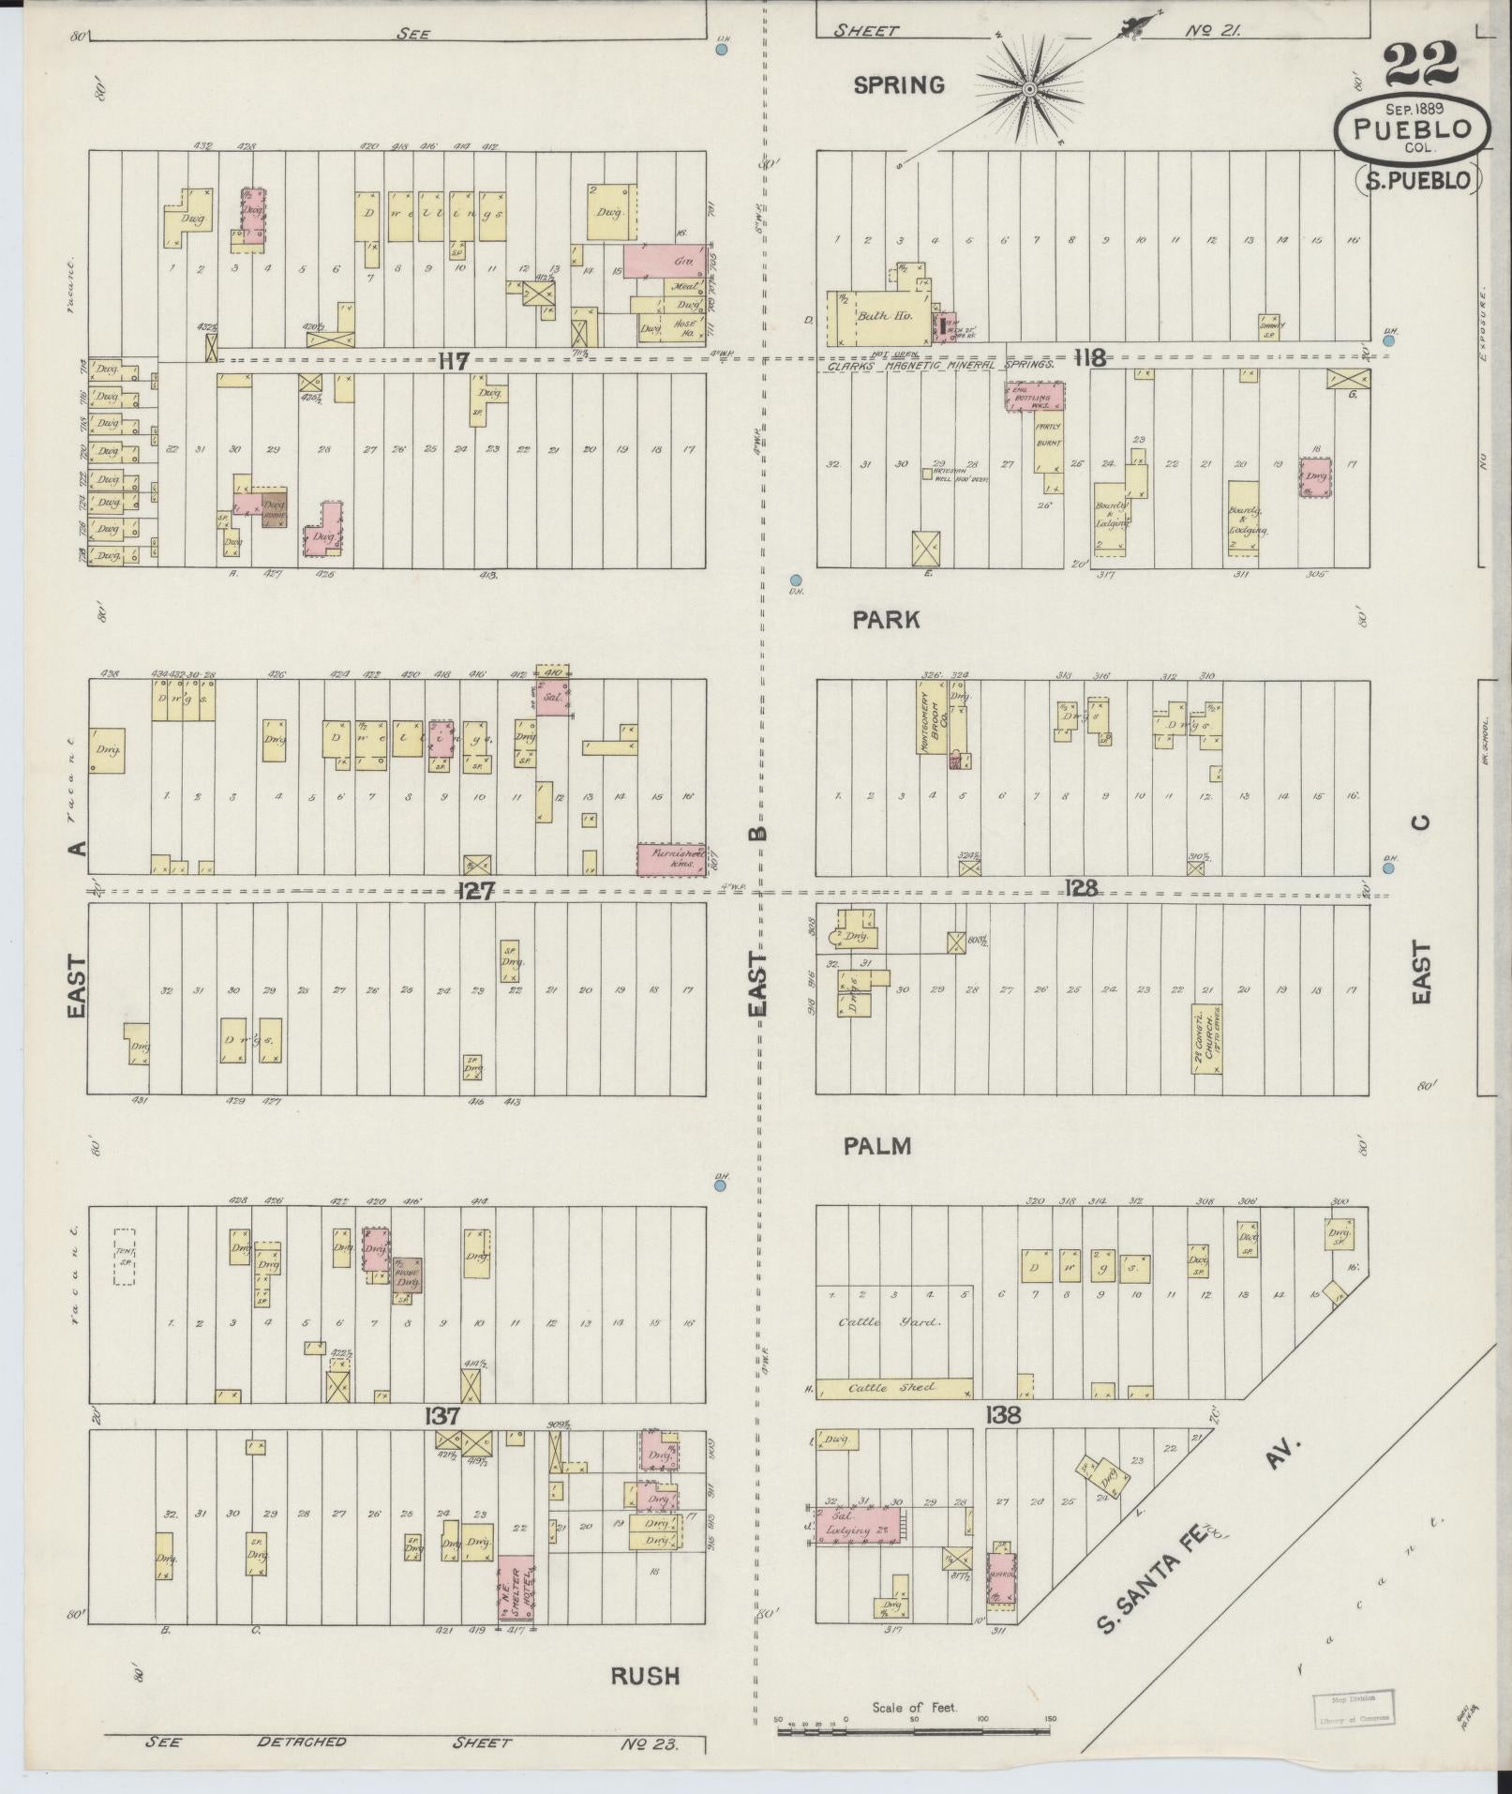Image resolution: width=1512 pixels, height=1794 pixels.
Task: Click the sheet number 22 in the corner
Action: [1419, 65]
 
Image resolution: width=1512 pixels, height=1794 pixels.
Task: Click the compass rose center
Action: [1029, 89]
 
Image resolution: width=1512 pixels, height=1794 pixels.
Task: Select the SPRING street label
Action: [899, 85]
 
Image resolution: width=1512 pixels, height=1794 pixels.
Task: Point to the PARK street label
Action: [886, 620]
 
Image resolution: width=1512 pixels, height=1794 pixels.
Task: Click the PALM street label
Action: [876, 1146]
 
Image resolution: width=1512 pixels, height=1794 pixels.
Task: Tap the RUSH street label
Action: [645, 1676]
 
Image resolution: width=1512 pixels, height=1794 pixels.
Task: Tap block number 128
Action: [1081, 886]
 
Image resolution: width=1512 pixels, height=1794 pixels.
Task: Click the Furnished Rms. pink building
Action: [670, 860]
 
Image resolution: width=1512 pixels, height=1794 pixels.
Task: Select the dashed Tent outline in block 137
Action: [124, 1257]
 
